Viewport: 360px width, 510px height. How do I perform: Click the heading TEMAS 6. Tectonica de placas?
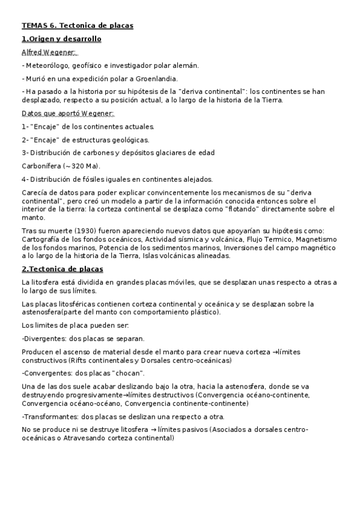tap(78, 25)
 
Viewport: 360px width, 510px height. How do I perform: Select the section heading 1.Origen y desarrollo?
tap(61, 39)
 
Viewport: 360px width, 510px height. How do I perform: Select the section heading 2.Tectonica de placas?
tap(63, 268)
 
